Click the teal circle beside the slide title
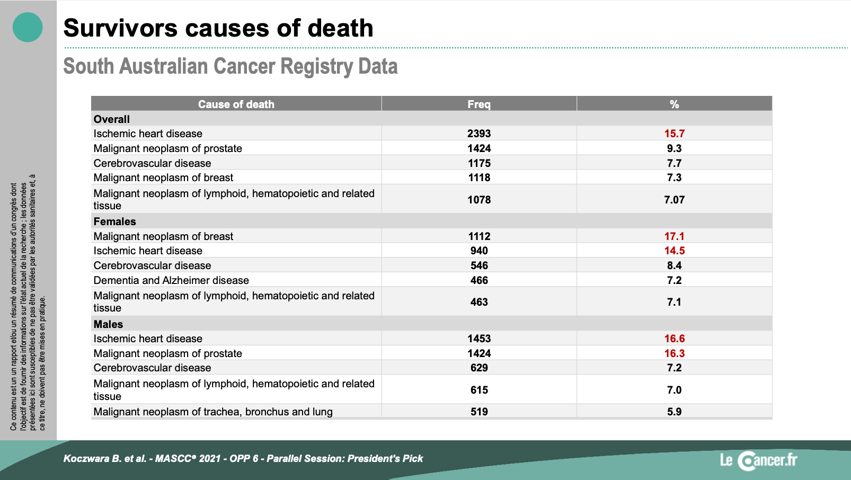click(x=28, y=28)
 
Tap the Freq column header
click(x=479, y=104)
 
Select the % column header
click(x=675, y=104)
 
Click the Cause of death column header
click(x=236, y=104)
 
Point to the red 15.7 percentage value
click(x=675, y=134)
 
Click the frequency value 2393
click(x=479, y=134)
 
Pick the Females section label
click(x=115, y=221)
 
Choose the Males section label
click(x=108, y=324)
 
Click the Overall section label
click(x=112, y=119)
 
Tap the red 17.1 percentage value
click(x=675, y=236)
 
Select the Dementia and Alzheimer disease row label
click(x=171, y=280)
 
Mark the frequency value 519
click(x=479, y=412)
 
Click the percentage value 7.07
click(x=675, y=200)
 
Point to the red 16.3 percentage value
click(x=675, y=353)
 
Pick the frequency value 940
click(x=479, y=251)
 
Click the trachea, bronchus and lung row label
click(x=213, y=412)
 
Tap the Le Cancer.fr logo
click(x=759, y=460)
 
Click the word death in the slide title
click(x=340, y=28)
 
